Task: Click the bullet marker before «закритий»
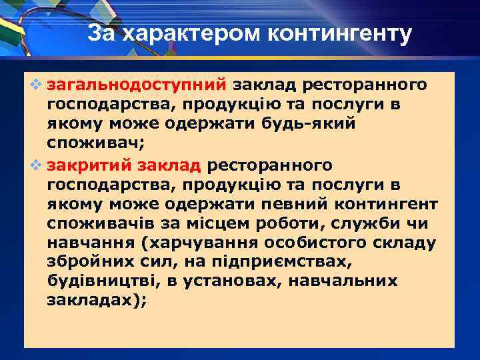coord(36,165)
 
